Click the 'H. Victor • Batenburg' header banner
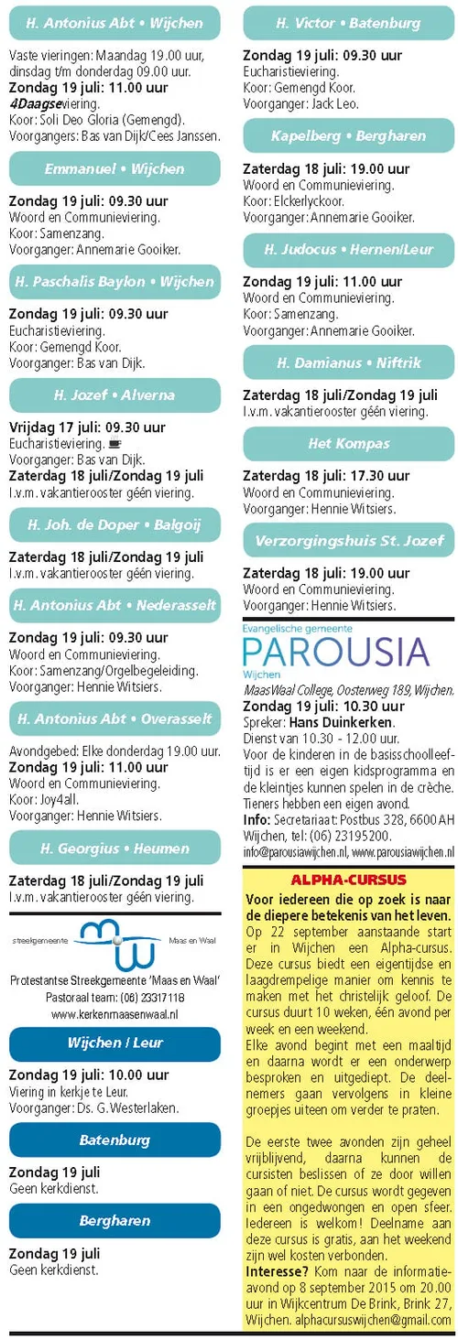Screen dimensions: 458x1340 click(348, 23)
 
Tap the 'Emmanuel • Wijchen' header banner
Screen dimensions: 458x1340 click(114, 168)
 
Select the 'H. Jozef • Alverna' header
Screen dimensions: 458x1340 click(114, 395)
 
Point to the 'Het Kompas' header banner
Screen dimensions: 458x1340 click(348, 443)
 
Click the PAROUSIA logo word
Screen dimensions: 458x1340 click(335, 652)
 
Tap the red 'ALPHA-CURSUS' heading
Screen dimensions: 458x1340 click(348, 878)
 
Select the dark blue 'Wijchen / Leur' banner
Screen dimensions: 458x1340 click(114, 1043)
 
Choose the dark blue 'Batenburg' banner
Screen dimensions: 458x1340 click(114, 1140)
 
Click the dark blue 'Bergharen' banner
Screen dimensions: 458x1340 click(114, 1221)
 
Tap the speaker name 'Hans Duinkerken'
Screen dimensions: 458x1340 click(342, 722)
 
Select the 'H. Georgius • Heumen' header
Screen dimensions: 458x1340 click(114, 848)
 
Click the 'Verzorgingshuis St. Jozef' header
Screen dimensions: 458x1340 click(348, 540)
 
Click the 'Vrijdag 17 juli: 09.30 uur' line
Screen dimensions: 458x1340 click(87, 427)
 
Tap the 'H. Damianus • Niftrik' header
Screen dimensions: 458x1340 click(348, 362)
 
